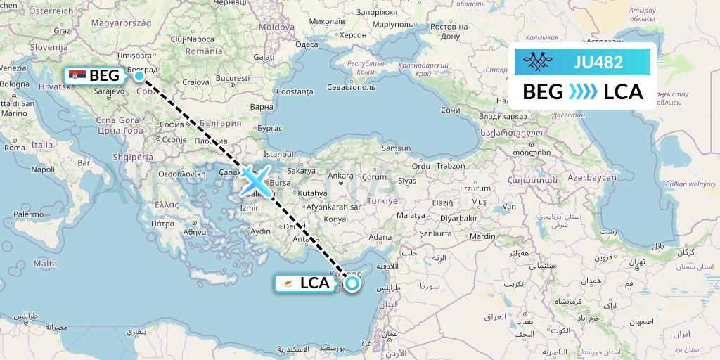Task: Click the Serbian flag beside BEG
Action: coord(78,75)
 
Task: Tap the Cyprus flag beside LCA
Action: coord(288,283)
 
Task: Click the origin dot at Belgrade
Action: coord(139,75)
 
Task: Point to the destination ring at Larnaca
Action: coord(351,283)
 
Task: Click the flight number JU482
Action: coord(598,63)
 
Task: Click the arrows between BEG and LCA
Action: coord(583,92)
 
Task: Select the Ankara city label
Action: coord(340,175)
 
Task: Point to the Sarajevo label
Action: coord(108,91)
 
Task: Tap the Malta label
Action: coord(45,263)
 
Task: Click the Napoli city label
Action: coord(43,169)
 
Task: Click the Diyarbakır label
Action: coord(463,208)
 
